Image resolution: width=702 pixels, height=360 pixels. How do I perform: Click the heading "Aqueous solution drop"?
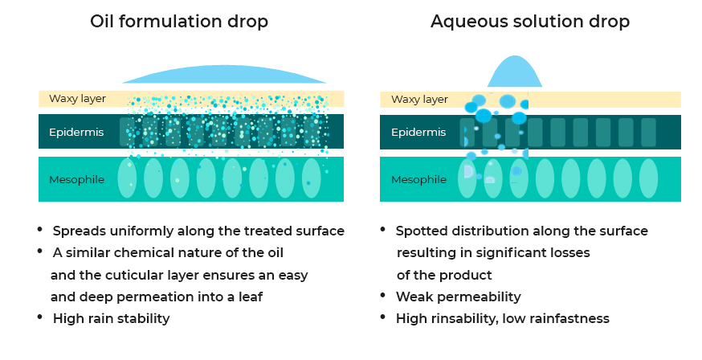(x=530, y=22)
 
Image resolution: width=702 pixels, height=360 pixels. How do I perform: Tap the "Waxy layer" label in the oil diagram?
(x=77, y=99)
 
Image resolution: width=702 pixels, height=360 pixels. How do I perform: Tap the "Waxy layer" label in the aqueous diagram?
(x=419, y=100)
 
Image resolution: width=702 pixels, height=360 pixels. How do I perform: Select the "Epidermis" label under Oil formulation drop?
(x=76, y=132)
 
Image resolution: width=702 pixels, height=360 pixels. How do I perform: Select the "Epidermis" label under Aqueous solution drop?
(x=418, y=132)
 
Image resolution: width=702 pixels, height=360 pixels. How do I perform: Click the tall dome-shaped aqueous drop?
(x=515, y=73)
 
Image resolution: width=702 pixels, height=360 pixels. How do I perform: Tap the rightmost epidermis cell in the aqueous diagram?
(x=648, y=132)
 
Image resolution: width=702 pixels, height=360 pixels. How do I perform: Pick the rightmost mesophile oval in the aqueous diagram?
(x=648, y=178)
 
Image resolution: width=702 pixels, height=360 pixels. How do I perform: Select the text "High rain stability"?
(x=111, y=318)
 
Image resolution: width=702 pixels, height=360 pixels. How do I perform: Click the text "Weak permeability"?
(x=458, y=297)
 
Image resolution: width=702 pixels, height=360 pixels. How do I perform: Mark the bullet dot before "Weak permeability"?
(x=384, y=295)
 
